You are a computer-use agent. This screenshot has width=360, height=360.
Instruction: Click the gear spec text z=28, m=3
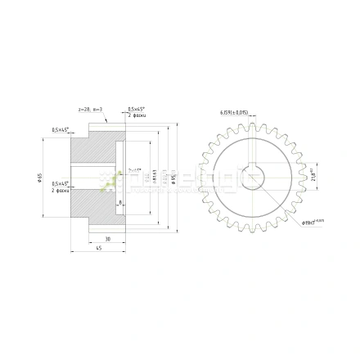(x=89, y=108)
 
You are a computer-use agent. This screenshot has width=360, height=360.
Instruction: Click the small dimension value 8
(x=120, y=201)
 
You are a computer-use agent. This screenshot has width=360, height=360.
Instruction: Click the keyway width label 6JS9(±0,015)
(x=234, y=112)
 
